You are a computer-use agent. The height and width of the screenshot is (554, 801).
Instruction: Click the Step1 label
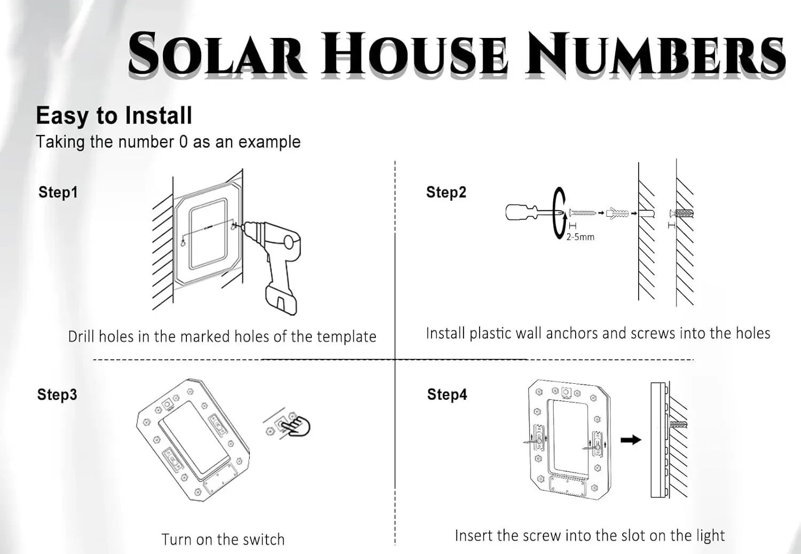click(58, 192)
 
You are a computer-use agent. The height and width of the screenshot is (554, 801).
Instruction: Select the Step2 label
click(446, 192)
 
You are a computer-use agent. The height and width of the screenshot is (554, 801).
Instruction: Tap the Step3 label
click(57, 394)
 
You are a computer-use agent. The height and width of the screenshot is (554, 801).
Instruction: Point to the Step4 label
click(447, 394)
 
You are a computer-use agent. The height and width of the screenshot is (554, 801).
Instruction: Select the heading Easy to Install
click(114, 116)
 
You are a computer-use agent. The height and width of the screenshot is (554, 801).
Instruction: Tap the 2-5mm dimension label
click(580, 236)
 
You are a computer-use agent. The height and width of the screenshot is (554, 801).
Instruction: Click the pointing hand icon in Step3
click(296, 426)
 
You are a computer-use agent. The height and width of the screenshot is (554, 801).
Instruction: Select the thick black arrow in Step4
click(631, 440)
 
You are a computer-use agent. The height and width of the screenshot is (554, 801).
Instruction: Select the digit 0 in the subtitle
click(183, 142)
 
